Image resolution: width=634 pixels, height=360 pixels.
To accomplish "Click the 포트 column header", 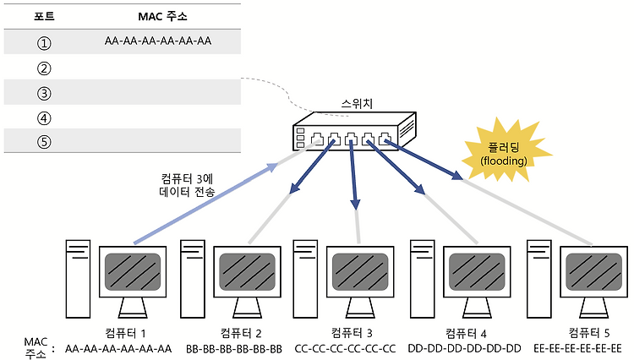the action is [x=44, y=17].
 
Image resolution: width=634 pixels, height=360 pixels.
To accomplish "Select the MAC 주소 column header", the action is [x=162, y=17].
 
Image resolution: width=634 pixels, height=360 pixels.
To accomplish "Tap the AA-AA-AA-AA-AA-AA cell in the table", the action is [x=158, y=41].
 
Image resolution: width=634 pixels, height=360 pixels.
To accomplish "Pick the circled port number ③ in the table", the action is [x=44, y=93].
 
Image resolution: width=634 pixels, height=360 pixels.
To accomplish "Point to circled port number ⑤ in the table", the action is [x=44, y=141].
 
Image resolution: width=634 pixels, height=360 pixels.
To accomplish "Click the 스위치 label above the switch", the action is [x=357, y=103].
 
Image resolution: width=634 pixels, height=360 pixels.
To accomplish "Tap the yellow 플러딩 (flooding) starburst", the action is [x=505, y=150].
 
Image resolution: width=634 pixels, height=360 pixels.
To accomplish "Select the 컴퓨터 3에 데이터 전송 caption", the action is [x=187, y=185].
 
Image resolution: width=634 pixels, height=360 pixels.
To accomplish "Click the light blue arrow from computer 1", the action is [x=205, y=203].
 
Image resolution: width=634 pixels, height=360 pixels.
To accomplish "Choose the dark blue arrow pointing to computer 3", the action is [x=353, y=176].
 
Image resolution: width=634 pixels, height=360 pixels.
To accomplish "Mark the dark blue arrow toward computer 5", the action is [x=424, y=159].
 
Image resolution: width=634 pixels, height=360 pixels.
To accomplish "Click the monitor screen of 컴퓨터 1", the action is [x=133, y=272].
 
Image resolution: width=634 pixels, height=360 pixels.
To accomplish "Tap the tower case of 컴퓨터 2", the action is [x=193, y=279].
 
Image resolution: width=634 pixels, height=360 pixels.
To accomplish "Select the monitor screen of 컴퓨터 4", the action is [x=477, y=272].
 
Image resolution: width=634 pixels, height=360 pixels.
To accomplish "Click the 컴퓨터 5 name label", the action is [x=588, y=332].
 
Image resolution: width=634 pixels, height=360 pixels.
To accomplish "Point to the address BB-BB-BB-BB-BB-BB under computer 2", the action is [x=234, y=348].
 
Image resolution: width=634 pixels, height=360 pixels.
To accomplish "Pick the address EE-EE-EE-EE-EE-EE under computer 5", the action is [x=577, y=348].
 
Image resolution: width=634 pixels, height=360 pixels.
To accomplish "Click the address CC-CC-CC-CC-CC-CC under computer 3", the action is [x=345, y=348].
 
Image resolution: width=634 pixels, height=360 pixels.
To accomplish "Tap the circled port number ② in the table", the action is [x=44, y=68].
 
